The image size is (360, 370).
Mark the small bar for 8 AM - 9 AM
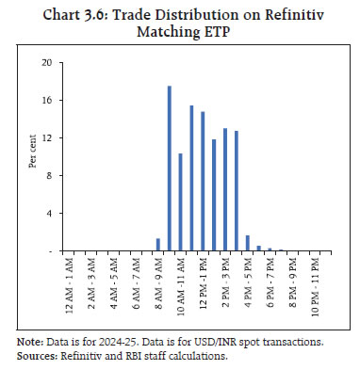(x=158, y=246)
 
